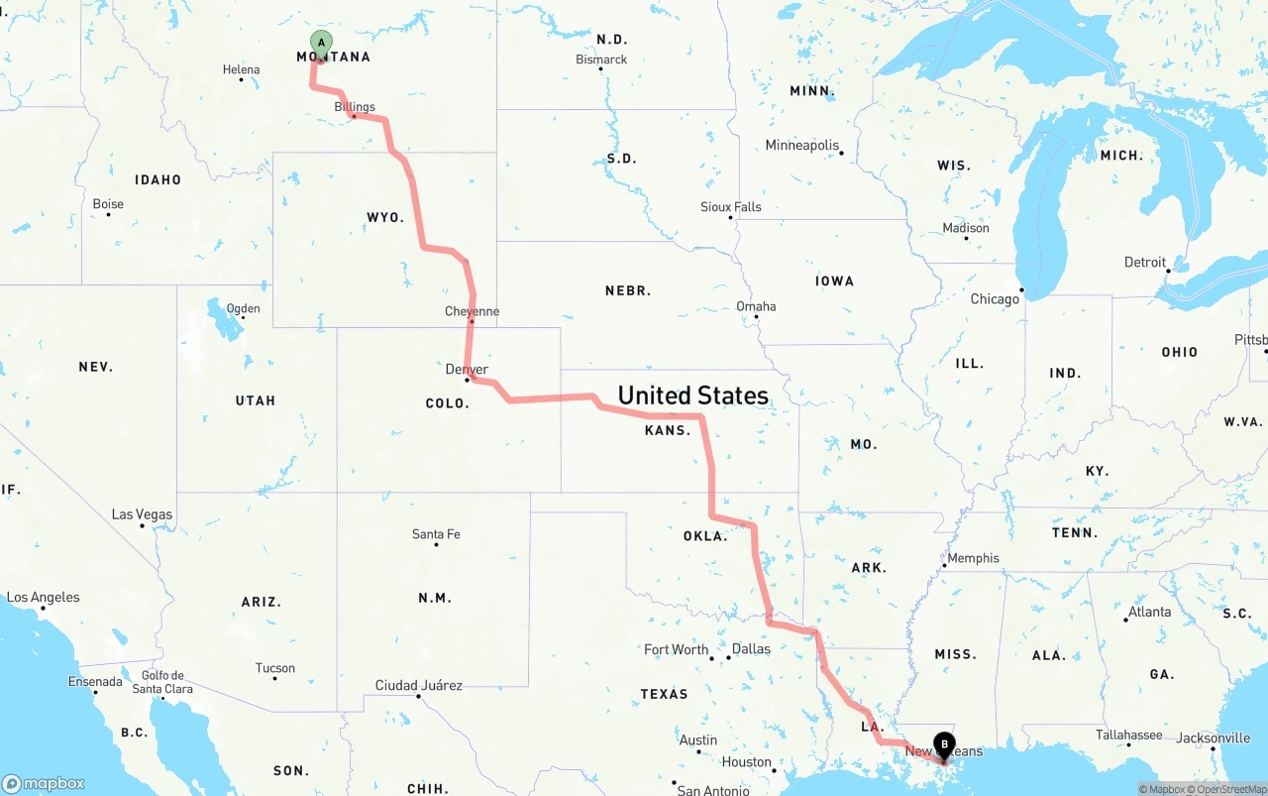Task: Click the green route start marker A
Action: tap(321, 43)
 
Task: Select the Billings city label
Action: tap(355, 107)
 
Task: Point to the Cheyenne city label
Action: tap(472, 311)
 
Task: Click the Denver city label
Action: tap(467, 370)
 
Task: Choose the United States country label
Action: tap(692, 396)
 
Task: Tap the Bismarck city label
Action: tap(601, 59)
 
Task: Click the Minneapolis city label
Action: tap(801, 146)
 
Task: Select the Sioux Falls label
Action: tap(731, 206)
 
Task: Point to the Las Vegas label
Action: tap(142, 514)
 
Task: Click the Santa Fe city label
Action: tap(436, 534)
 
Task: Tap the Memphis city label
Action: tap(973, 558)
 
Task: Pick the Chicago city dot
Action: tap(1022, 291)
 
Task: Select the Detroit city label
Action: tap(1144, 263)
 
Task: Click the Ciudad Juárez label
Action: tap(418, 685)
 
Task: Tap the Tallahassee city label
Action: tap(1128, 735)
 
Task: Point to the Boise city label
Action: tap(108, 204)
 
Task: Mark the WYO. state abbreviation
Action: tap(385, 217)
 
